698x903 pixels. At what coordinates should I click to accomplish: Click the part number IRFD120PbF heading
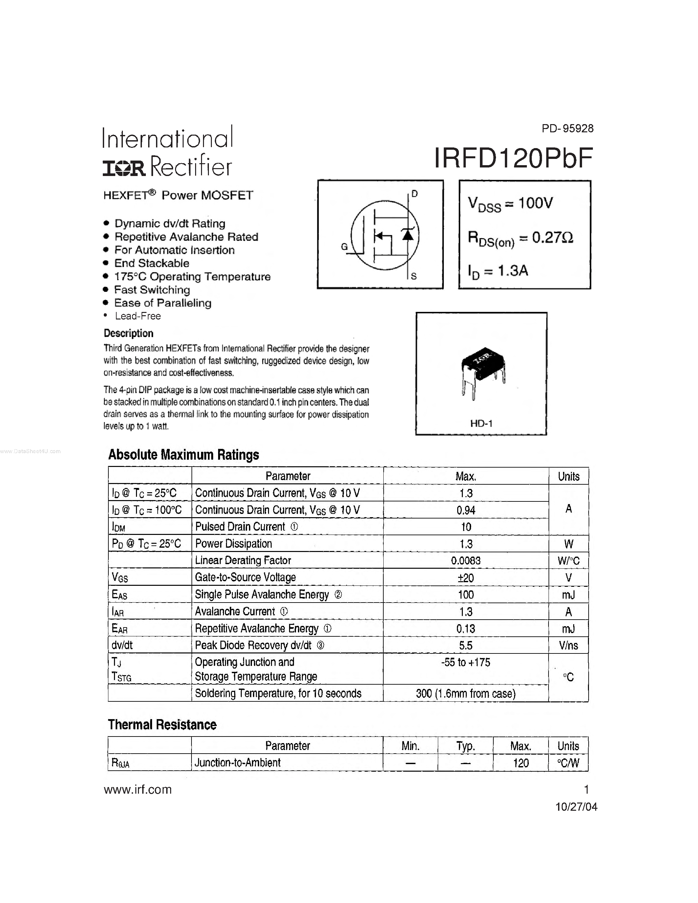point(513,158)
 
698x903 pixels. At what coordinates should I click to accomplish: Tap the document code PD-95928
point(567,129)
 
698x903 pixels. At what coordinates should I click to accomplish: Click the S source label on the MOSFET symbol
point(414,276)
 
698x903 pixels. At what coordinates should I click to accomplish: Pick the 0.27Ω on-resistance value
point(552,238)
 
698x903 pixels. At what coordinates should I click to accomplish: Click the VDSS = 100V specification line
point(510,204)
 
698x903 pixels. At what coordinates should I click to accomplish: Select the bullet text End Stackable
point(152,263)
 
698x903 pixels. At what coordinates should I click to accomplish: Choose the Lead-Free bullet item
point(138,316)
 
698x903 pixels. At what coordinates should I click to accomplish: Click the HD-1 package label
point(481,423)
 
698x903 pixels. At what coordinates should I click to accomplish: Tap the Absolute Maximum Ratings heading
point(184,455)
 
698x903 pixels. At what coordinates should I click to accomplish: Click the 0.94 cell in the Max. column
point(466,510)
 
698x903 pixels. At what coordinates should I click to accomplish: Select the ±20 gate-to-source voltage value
point(466,578)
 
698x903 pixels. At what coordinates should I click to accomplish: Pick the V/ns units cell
point(568,646)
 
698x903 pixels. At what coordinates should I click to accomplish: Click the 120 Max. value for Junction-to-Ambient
point(521,763)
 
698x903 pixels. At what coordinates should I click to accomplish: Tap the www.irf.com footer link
point(138,790)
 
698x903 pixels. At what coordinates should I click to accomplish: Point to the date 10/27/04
point(576,807)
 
